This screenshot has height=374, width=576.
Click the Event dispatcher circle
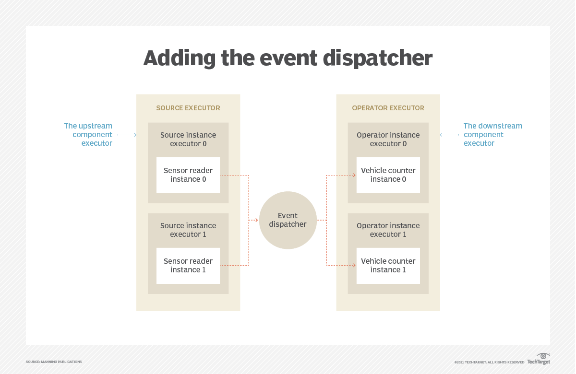coord(288,220)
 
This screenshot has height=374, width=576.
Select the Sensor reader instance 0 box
coord(188,175)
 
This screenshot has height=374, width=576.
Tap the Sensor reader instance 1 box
coord(188,266)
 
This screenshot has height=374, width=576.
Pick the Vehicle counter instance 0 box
coord(388,175)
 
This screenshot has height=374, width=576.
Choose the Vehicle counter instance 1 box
coord(388,266)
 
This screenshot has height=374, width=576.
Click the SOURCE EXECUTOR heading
coord(188,108)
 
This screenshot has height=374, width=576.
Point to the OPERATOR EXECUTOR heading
coord(388,108)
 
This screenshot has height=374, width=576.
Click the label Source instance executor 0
coord(188,139)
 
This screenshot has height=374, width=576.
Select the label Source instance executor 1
coord(188,230)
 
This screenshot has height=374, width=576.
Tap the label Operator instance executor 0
coord(388,139)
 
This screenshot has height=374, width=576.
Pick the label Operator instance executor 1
coord(388,230)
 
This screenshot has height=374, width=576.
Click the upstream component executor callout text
coord(88,134)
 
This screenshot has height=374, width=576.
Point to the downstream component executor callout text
coord(492,134)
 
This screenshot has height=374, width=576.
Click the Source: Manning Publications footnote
coord(54,362)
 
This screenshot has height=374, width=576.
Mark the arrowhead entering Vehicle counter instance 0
coord(354,175)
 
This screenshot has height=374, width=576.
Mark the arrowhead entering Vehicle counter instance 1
coord(354,265)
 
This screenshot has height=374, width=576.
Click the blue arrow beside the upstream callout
coord(127,135)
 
